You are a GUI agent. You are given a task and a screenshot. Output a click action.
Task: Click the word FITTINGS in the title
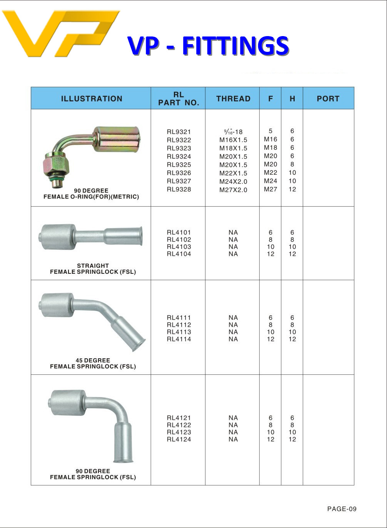(235, 46)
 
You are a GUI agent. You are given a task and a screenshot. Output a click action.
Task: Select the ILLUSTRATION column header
(92, 99)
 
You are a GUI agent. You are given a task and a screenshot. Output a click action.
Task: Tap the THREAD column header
(233, 99)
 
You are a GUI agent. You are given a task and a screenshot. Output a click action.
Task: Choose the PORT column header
(328, 99)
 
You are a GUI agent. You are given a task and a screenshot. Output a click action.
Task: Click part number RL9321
(179, 132)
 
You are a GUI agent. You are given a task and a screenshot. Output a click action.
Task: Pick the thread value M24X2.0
(233, 181)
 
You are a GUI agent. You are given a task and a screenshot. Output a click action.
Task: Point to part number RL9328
(179, 189)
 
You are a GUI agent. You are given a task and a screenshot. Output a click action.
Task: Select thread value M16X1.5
(233, 140)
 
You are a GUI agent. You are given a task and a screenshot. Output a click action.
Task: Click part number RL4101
(179, 232)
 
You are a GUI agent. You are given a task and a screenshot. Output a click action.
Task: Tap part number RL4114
(179, 339)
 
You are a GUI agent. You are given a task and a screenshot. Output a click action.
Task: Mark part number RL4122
(179, 425)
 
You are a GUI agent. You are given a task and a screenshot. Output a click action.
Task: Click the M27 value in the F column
(270, 189)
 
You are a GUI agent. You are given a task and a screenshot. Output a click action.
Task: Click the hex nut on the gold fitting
(56, 165)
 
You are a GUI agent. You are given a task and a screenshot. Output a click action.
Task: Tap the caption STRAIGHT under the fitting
(93, 266)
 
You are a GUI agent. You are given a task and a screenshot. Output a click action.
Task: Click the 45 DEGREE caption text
(93, 360)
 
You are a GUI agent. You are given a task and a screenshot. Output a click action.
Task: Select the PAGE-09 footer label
(342, 509)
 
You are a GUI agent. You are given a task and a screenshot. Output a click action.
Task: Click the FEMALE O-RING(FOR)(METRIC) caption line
(91, 197)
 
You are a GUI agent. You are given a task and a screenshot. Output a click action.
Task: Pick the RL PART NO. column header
(178, 99)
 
